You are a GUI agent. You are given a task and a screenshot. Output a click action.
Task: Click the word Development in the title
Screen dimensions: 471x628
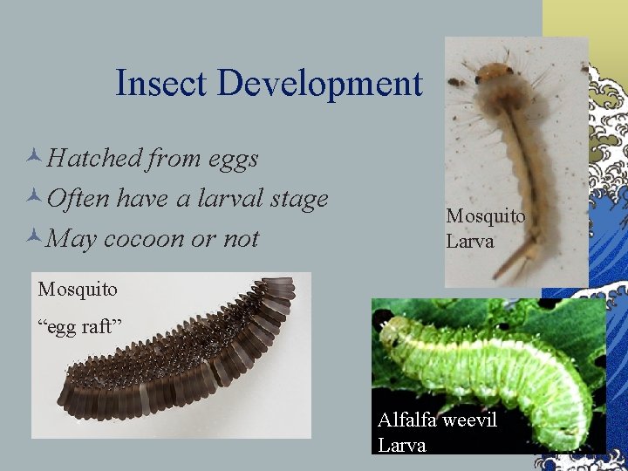pos(320,84)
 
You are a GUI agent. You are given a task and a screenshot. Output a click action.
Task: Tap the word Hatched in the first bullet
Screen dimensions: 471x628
pos(95,158)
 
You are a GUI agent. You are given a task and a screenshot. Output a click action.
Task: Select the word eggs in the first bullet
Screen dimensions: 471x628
pos(233,160)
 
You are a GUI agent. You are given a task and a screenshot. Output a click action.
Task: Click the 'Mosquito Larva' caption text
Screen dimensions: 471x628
pos(485,228)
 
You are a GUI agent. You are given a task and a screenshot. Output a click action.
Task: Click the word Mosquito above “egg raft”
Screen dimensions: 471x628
pos(78,287)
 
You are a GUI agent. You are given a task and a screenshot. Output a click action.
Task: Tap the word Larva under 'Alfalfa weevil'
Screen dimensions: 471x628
pos(402,444)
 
